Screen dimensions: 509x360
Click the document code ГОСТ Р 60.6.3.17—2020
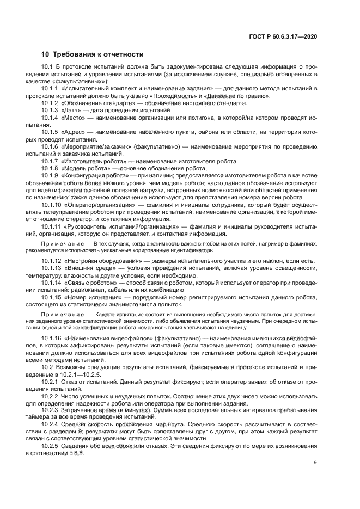point(282,36)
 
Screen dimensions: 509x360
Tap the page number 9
point(315,463)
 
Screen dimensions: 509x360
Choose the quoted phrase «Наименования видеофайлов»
point(105,339)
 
